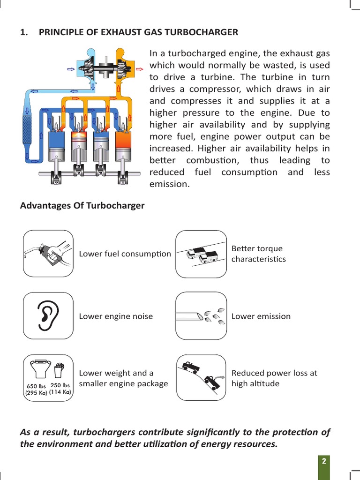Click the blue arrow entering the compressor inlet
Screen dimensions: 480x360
[x=71, y=68]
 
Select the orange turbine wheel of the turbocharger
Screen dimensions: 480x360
[x=120, y=67]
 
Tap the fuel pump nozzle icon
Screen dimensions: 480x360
[x=48, y=254]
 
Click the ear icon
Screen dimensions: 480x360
[x=48, y=316]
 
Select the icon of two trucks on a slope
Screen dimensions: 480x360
[x=201, y=254]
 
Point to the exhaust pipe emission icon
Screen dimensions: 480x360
[x=201, y=316]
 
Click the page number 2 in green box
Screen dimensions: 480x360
[x=323, y=461]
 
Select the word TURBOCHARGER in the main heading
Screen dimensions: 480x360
[x=206, y=32]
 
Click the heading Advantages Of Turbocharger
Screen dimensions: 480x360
[x=82, y=206]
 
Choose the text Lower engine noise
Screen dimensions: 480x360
[x=116, y=316]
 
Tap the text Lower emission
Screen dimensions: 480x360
[x=261, y=316]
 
